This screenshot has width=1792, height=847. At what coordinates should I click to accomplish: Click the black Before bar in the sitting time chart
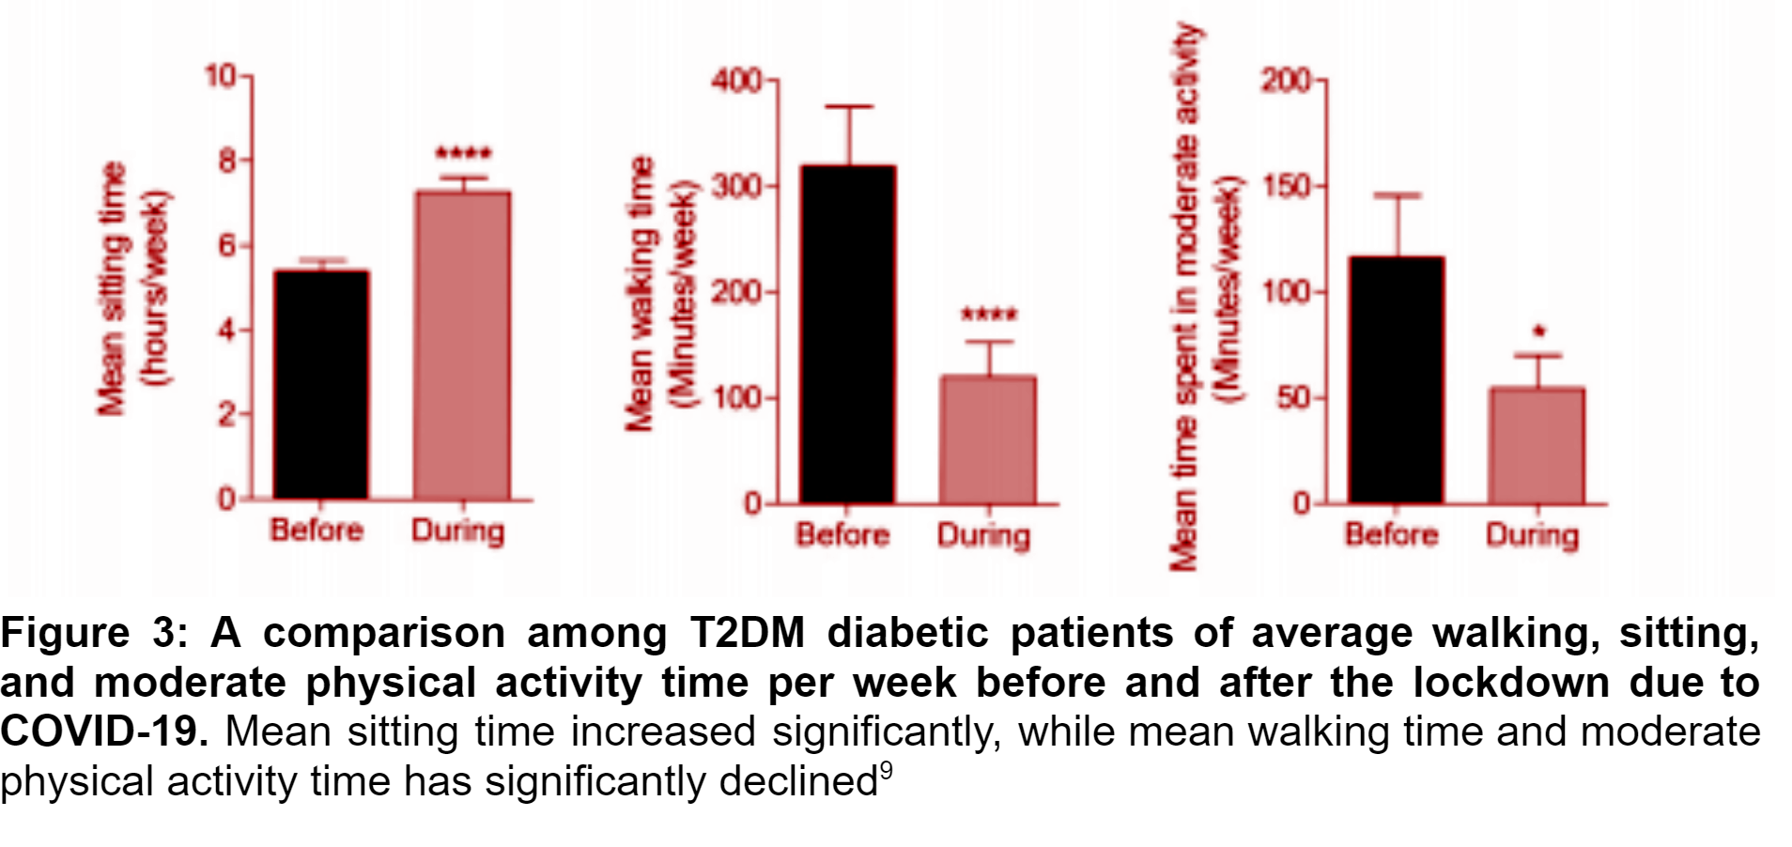click(x=320, y=384)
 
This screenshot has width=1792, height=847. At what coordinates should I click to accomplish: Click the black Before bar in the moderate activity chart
click(x=1396, y=380)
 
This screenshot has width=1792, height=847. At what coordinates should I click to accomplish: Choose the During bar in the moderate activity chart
click(x=1537, y=445)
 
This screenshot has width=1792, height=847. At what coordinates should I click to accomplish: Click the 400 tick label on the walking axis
click(x=736, y=81)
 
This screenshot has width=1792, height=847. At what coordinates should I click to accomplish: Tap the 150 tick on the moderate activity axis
click(x=1286, y=186)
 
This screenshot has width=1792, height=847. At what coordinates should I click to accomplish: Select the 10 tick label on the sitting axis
click(x=222, y=75)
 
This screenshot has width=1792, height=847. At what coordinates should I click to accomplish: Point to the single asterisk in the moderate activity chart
click(x=1538, y=331)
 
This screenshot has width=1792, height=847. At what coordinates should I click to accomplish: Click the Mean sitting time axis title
click(x=113, y=287)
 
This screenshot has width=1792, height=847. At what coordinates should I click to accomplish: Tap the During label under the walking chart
click(x=983, y=536)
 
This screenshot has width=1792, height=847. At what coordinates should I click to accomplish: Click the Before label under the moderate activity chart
click(x=1391, y=535)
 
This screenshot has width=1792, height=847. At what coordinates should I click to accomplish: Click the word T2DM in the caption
click(x=747, y=633)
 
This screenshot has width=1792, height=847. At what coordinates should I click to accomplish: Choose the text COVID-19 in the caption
click(x=103, y=731)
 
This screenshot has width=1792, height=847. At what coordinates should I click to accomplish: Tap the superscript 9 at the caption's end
click(x=886, y=772)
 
